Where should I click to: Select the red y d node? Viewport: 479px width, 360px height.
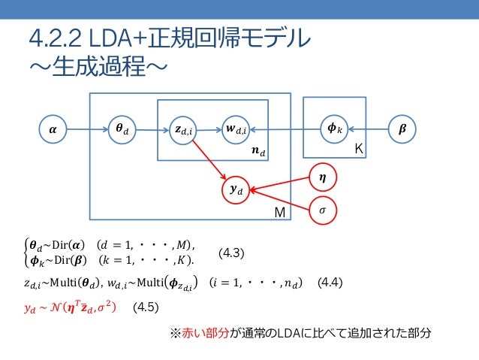pyautogui.click(x=236, y=189)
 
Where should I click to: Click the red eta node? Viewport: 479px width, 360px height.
pyautogui.click(x=322, y=177)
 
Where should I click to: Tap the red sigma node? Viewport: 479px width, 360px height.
pyautogui.click(x=322, y=211)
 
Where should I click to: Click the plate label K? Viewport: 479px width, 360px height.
pyautogui.click(x=359, y=150)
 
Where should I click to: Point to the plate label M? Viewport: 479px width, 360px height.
pyautogui.click(x=279, y=213)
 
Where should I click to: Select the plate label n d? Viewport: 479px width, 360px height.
pyautogui.click(x=258, y=152)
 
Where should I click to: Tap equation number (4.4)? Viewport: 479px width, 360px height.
pyautogui.click(x=330, y=283)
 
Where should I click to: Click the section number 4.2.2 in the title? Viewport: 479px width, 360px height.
pyautogui.click(x=55, y=38)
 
